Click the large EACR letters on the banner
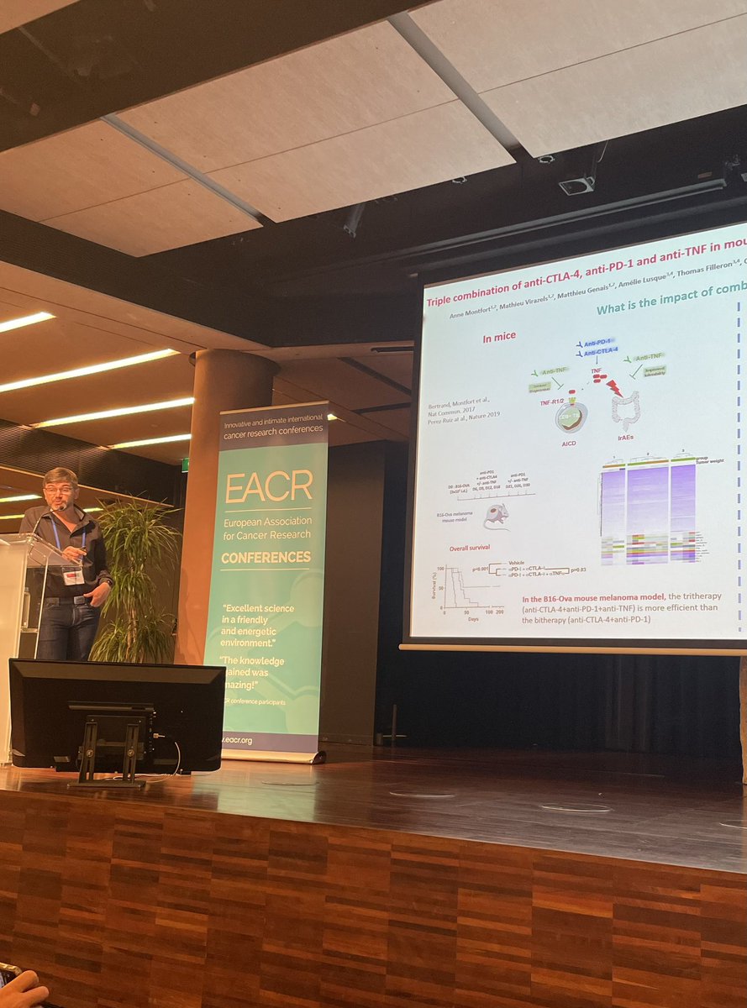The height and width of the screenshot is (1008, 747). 268,486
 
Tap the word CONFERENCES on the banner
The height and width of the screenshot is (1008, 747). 265,558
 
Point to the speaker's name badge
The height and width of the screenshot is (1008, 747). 74,576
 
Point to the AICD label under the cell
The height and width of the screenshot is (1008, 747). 566,451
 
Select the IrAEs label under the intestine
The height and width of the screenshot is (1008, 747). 624,440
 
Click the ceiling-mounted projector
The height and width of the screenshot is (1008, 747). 577,184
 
